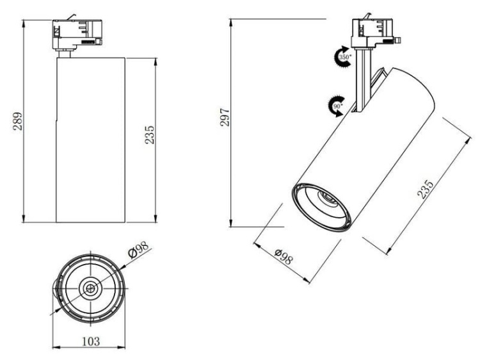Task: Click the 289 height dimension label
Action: coord(18,121)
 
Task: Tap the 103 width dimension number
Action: coord(92,341)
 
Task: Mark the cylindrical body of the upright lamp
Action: coord(88,141)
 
